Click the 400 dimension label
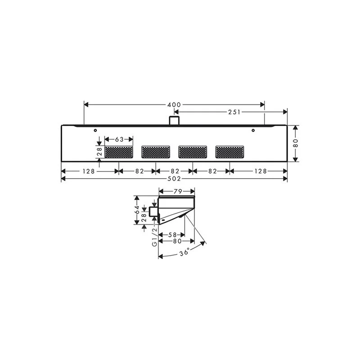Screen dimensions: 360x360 (174, 105)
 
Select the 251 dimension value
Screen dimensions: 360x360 (234, 112)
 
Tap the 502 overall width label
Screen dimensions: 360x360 (174, 179)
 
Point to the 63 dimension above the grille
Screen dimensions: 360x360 (119, 139)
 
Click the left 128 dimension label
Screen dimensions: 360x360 (89, 171)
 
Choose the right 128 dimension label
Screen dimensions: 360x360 (261, 171)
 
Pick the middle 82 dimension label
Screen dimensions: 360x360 (175, 171)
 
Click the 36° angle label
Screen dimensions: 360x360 (184, 252)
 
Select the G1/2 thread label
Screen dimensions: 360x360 (155, 237)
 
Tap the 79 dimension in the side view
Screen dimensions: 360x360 (178, 192)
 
